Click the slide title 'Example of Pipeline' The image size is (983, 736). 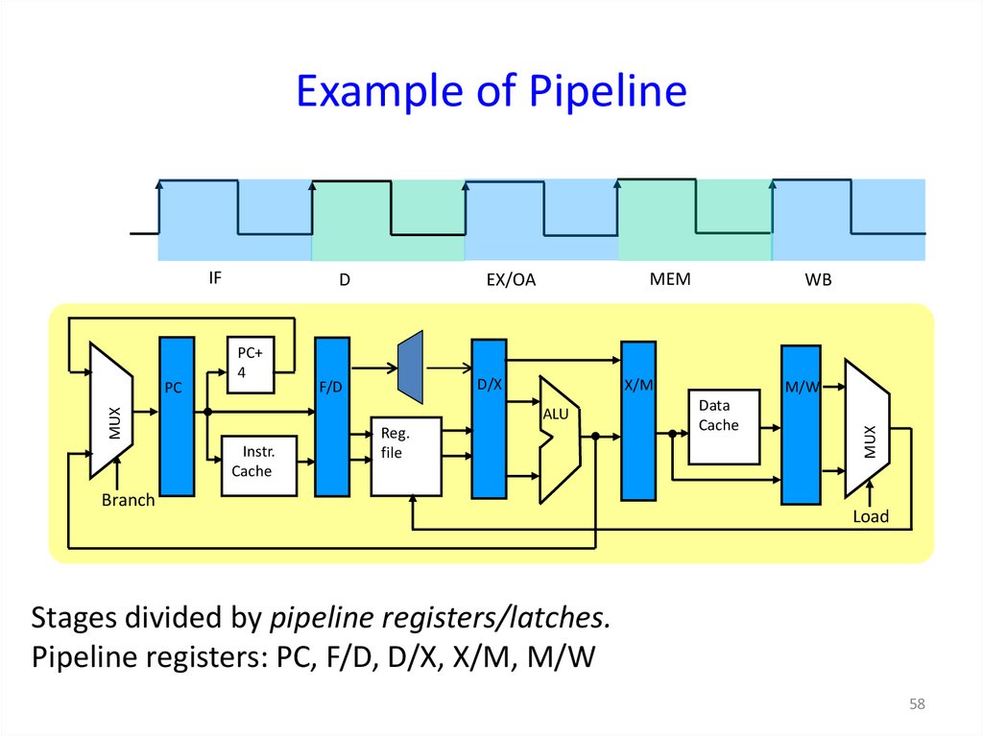click(491, 92)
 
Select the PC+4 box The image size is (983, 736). click(251, 365)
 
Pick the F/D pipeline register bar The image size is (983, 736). click(332, 416)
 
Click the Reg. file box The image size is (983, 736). click(406, 456)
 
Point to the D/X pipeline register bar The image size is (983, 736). click(489, 418)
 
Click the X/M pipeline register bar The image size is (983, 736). click(638, 420)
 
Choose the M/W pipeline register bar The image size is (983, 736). click(801, 424)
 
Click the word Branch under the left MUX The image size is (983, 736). click(129, 501)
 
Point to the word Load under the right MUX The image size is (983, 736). click(871, 517)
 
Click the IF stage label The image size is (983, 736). click(215, 278)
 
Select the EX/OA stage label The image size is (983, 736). click(511, 281)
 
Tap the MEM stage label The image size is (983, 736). click(670, 279)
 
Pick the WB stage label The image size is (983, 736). click(818, 281)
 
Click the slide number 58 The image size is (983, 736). click(917, 705)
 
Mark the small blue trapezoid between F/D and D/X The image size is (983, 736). click(410, 367)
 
